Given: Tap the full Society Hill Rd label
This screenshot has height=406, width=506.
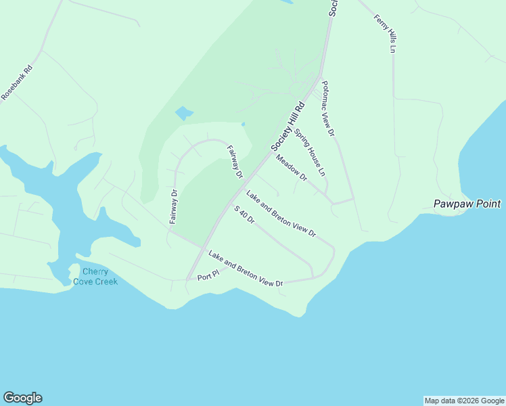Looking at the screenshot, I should pyautogui.click(x=288, y=127).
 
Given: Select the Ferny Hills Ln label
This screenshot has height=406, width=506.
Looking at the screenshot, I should pyautogui.click(x=384, y=33).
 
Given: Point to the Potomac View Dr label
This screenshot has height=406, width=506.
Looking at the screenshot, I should pyautogui.click(x=328, y=109).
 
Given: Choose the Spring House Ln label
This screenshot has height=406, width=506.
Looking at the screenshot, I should pyautogui.click(x=310, y=153).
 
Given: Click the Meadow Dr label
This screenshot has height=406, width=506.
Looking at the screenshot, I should pyautogui.click(x=292, y=168).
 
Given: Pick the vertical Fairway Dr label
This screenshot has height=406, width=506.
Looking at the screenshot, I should pyautogui.click(x=173, y=206).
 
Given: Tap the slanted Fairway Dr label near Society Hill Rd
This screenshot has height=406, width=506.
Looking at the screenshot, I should pyautogui.click(x=234, y=162).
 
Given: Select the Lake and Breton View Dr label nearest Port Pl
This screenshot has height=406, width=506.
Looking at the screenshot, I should pyautogui.click(x=245, y=269).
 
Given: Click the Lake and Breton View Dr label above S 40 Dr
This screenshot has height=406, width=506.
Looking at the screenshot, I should pyautogui.click(x=281, y=214).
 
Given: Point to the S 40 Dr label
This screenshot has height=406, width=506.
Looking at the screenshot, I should pyautogui.click(x=244, y=215).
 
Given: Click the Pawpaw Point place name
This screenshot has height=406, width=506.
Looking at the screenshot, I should pyautogui.click(x=467, y=204).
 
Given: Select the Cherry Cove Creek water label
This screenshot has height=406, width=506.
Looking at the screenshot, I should pyautogui.click(x=95, y=276).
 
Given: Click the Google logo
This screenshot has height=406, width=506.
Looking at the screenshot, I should pyautogui.click(x=22, y=398).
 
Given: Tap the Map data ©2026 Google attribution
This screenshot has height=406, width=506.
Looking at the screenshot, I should pyautogui.click(x=464, y=401).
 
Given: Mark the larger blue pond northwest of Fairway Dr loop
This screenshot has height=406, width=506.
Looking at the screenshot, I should pyautogui.click(x=183, y=113).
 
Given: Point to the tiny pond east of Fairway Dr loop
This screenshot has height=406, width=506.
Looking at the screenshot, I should pyautogui.click(x=243, y=124).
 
